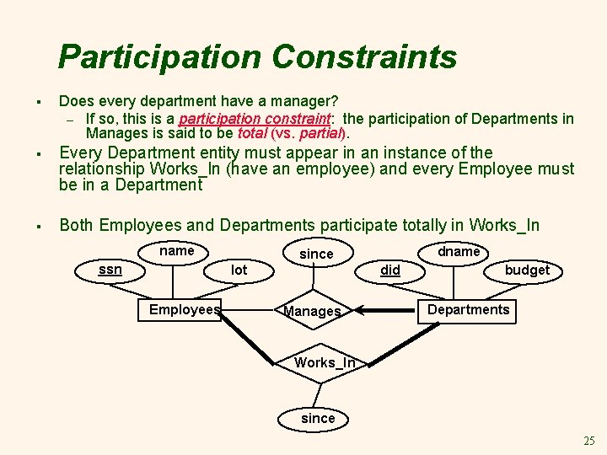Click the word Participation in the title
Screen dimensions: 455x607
pos(160,57)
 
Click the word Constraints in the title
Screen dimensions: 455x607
pos(364,57)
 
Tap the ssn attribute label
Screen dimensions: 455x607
pos(110,270)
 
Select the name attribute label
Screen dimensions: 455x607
pos(176,250)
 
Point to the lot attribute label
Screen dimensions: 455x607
pos(239,270)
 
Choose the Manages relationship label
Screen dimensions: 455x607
pos(312,312)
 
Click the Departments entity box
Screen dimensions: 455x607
pos(468,309)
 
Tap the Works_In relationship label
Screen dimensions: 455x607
pos(325,363)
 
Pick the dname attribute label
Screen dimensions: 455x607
pos(458,251)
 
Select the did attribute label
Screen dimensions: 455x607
pos(390,270)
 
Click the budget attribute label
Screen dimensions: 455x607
pos(526,270)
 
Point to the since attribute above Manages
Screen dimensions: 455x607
pos(316,254)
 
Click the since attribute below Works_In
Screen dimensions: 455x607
pos(318,418)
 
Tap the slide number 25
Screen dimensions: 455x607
pos(588,441)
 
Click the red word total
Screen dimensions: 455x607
pos(252,133)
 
